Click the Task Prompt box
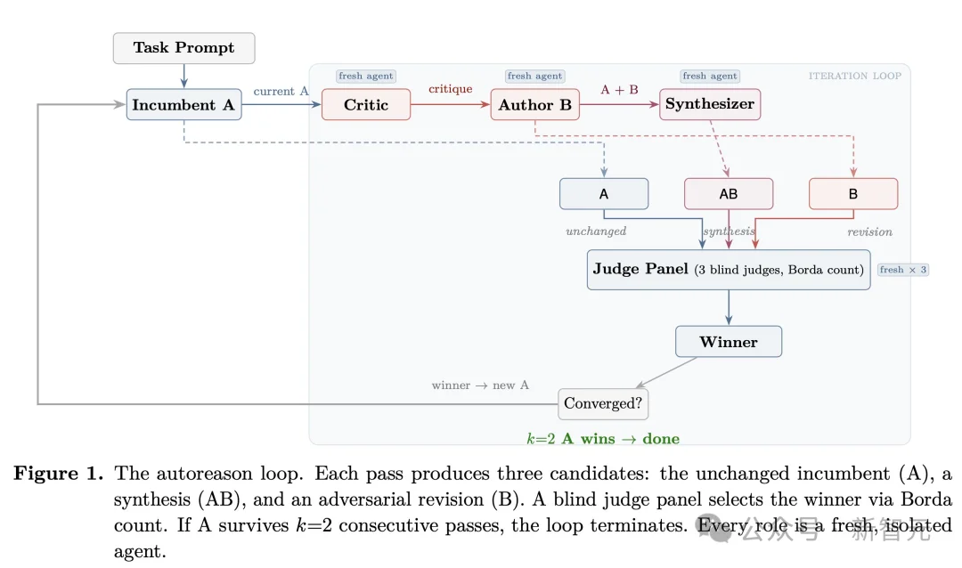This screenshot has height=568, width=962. coord(183,48)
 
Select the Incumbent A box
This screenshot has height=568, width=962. coord(183,105)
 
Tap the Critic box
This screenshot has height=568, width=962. coord(366,105)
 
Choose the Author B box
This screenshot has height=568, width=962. coord(534,105)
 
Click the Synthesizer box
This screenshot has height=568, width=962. coord(710,104)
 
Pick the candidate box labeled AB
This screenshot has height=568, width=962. coord(728,194)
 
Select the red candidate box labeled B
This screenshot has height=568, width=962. coord(852,194)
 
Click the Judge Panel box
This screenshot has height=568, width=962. coord(729,269)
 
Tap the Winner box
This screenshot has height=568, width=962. coord(729,342)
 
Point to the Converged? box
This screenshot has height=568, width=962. coord(603,403)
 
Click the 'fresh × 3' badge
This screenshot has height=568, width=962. coord(903,270)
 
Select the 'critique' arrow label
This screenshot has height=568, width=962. coord(450,89)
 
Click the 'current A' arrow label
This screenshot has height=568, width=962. coord(281,91)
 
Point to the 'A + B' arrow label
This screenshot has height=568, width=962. coord(619,89)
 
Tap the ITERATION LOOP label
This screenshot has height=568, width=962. coord(854,76)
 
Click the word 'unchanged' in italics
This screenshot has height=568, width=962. coord(596,231)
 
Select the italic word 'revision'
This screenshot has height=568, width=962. coord(869,231)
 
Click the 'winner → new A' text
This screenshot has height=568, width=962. coord(480,385)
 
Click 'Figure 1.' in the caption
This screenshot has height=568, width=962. coord(59,474)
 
